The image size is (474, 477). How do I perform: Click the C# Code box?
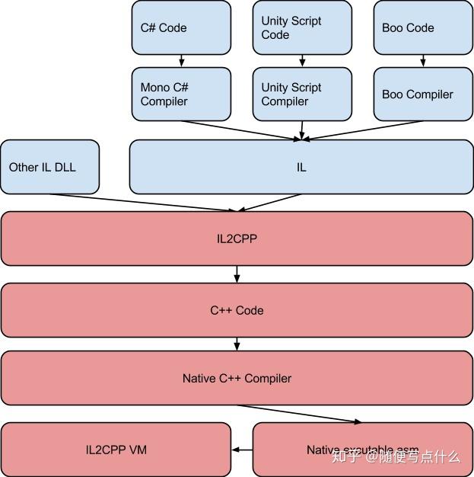(x=181, y=28)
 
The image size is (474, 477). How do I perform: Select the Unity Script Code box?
(x=302, y=28)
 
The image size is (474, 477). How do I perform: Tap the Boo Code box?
(x=423, y=28)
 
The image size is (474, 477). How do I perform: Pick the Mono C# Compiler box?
(x=181, y=94)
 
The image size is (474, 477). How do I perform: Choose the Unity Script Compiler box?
(x=302, y=94)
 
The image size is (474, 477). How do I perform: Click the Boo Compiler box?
(x=423, y=94)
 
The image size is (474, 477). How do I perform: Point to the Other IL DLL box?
(x=49, y=167)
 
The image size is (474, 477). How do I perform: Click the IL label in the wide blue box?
(x=301, y=167)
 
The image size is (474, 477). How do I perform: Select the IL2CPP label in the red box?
(x=237, y=238)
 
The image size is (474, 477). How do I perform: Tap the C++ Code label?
(x=237, y=310)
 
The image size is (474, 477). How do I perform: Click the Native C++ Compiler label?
(x=237, y=378)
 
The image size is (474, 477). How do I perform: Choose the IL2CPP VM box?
(x=116, y=450)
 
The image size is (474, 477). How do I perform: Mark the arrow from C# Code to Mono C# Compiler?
(x=181, y=61)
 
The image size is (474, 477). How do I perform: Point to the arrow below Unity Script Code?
(x=302, y=61)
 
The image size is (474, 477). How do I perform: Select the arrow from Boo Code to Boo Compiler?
(x=423, y=61)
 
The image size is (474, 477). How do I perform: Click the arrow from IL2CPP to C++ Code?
(x=237, y=274)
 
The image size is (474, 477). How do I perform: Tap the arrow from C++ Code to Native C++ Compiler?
(x=237, y=344)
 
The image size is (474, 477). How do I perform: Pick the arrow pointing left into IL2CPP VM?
(x=241, y=450)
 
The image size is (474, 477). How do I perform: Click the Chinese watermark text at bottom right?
(x=396, y=457)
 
